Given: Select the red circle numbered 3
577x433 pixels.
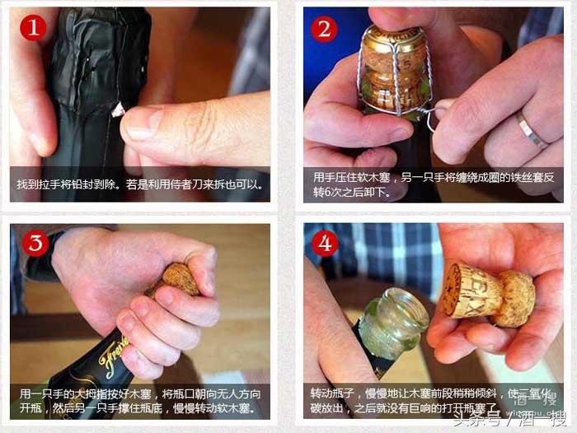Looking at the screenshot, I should [31, 244].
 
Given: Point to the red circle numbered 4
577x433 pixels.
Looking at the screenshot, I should [324, 244].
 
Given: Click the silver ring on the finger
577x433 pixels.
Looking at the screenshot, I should [528, 130].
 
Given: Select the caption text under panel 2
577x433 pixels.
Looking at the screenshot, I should [433, 184].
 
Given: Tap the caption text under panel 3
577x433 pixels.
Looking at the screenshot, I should [140, 400].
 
